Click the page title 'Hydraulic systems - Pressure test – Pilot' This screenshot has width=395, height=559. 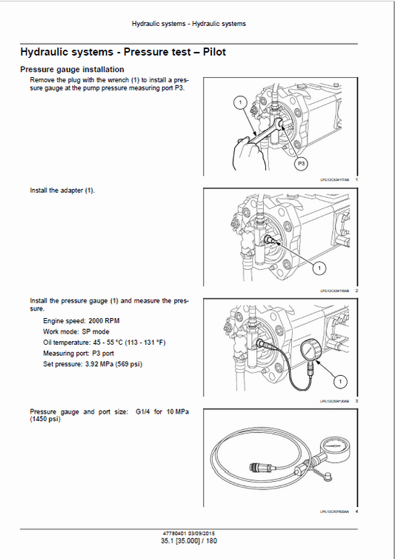tap(122, 53)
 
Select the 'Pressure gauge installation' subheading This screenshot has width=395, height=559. tap(71, 70)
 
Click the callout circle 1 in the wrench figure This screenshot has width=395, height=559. tap(241, 103)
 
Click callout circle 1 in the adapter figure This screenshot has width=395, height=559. tap(317, 266)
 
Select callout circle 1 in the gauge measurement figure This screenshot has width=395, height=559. tap(339, 380)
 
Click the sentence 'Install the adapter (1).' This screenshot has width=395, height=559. tap(62, 191)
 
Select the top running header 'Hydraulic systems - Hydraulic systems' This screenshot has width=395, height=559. tap(188, 24)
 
